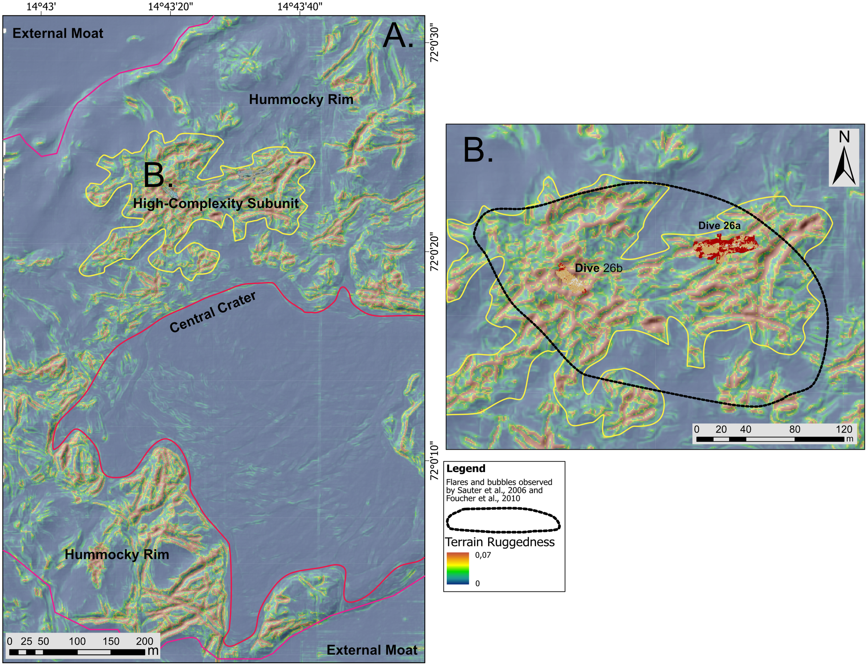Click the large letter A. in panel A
[x=398, y=36]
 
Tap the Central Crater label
[x=212, y=313]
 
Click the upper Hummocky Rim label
[x=301, y=100]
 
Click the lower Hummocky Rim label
[x=117, y=554]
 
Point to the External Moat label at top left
[x=58, y=33]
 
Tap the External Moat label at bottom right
[x=372, y=650]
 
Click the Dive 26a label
[x=719, y=225]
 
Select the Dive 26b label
[x=598, y=268]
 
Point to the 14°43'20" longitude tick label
[x=170, y=7]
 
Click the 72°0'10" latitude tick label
[x=435, y=462]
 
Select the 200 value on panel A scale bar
[x=144, y=641]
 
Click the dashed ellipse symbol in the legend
[x=503, y=520]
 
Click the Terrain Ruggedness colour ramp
[x=457, y=569]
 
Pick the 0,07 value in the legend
[x=483, y=555]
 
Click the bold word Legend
[x=466, y=469]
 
